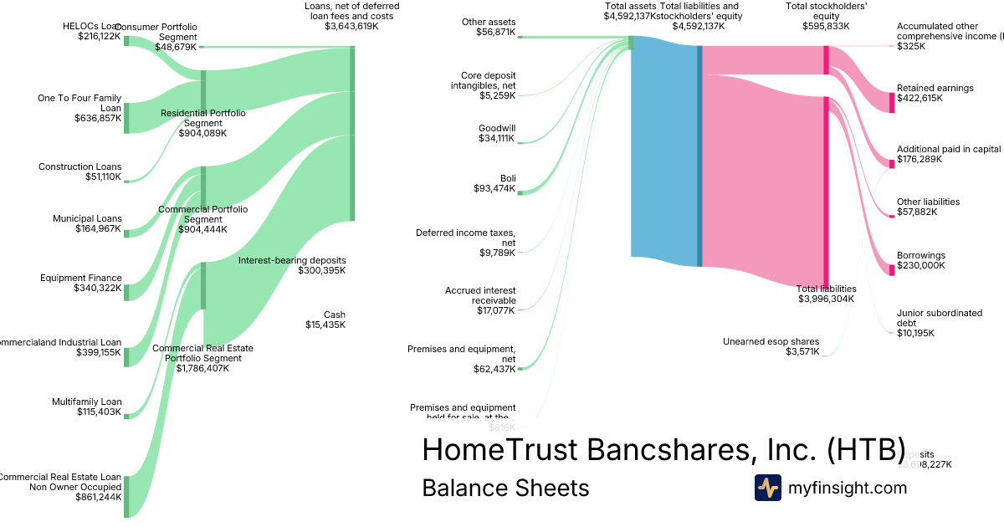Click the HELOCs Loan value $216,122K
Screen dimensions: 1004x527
(99, 37)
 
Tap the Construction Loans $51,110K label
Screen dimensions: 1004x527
(79, 172)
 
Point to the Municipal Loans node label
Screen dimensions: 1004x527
(86, 219)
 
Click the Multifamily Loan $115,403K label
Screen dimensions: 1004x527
(86, 407)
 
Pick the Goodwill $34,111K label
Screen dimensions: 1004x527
(496, 134)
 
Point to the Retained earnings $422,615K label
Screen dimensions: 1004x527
(935, 93)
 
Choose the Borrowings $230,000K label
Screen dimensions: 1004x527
(920, 260)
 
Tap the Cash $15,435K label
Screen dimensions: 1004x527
(325, 320)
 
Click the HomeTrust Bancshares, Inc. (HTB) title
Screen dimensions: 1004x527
(663, 449)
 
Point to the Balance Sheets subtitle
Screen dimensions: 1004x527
(505, 488)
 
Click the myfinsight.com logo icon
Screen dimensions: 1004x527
(767, 488)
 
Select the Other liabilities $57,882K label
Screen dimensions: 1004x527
(928, 207)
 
